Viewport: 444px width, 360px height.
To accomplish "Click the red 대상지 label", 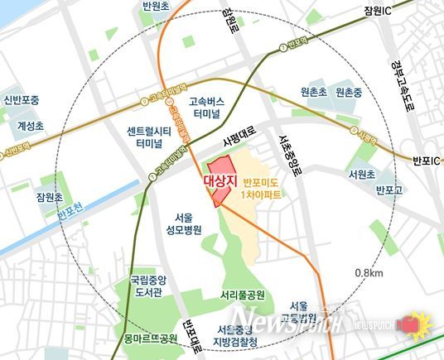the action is pyautogui.click(x=220, y=180).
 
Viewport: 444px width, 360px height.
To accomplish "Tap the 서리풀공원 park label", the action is pyautogui.click(x=243, y=294).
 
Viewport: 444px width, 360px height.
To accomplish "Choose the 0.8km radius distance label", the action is pyautogui.click(x=368, y=273).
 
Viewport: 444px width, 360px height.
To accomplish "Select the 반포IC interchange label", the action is pyautogui.click(x=424, y=160).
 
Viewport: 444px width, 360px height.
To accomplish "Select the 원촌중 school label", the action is pyautogui.click(x=350, y=94).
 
